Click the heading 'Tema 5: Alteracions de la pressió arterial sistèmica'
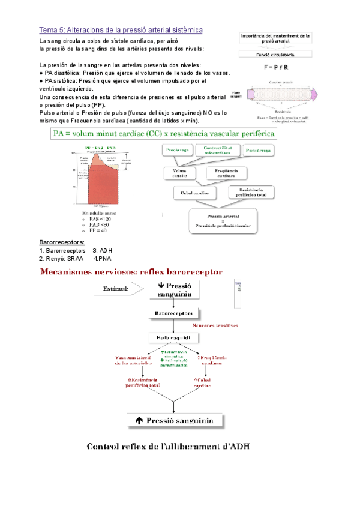(121, 29)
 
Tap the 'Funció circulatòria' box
(276, 54)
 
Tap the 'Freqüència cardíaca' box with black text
(226, 173)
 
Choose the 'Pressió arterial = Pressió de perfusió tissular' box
(223, 220)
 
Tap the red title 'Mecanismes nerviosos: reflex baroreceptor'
(130, 272)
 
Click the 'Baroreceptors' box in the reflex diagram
(173, 313)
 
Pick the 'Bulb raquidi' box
(173, 339)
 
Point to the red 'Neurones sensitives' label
(215, 325)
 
